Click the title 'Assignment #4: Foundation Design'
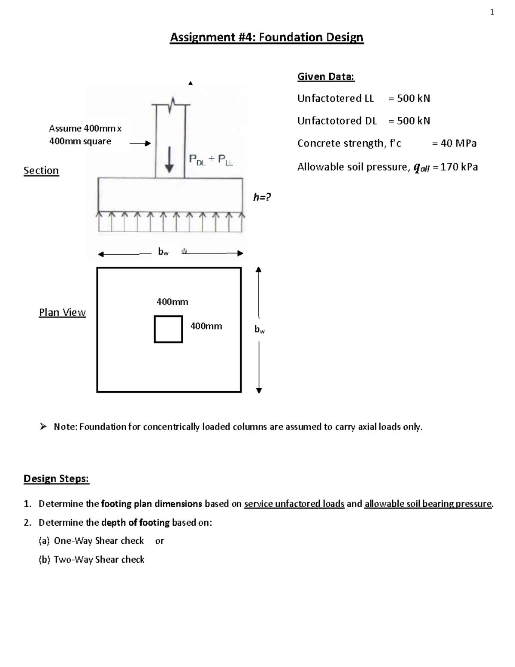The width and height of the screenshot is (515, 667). (267, 38)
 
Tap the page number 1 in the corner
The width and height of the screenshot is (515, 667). (492, 12)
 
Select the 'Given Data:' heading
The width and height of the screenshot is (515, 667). (326, 77)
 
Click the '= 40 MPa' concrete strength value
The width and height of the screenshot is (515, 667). (454, 143)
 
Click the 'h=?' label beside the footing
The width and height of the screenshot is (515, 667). (262, 197)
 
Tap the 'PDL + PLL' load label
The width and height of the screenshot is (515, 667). (211, 160)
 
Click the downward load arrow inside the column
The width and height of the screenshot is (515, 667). (170, 159)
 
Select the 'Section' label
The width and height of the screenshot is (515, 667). (41, 171)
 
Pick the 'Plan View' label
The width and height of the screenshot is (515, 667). (62, 313)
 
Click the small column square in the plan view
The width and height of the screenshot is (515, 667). (168, 329)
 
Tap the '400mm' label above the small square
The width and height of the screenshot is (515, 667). (172, 302)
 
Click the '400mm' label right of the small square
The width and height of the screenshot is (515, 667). (206, 326)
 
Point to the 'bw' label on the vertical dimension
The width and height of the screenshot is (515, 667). (260, 330)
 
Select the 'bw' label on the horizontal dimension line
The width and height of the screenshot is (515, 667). (163, 253)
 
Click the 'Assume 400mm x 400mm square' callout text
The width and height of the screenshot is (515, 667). (85, 135)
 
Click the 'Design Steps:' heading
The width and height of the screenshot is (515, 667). (56, 479)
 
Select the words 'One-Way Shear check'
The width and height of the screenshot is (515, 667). (99, 541)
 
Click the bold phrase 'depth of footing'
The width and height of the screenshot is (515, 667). (135, 523)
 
